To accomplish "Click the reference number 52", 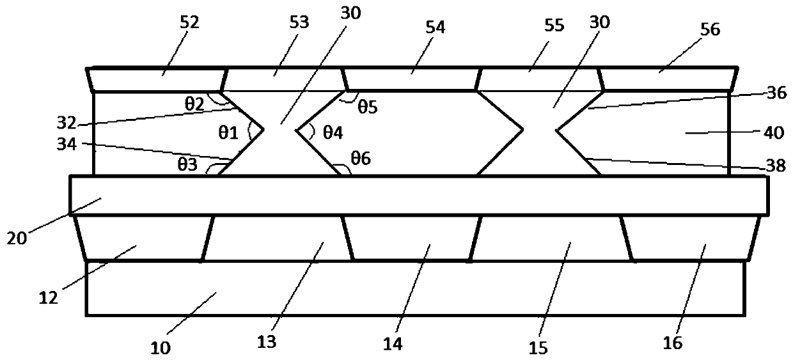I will click(x=190, y=23).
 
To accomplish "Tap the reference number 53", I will click(x=299, y=23).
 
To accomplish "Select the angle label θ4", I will click(x=333, y=132).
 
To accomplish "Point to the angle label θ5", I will click(x=367, y=107).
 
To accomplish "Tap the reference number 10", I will click(x=160, y=348).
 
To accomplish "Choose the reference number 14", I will click(x=393, y=344).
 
